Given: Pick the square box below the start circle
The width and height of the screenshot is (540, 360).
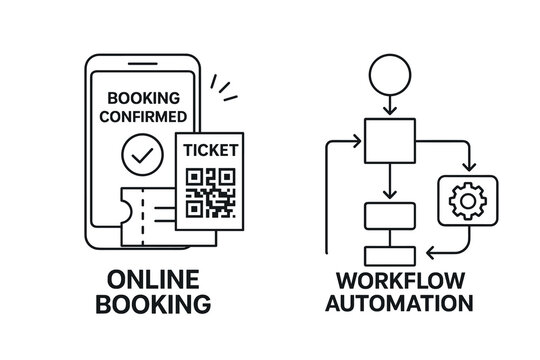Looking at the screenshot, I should click(389, 141).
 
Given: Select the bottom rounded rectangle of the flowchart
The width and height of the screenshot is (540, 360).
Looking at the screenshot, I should click(389, 254).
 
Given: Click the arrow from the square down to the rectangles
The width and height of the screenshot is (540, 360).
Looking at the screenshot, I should click(389, 183).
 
